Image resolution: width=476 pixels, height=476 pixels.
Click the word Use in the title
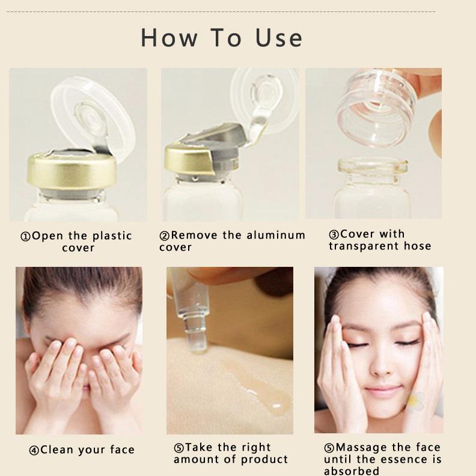pos(279,38)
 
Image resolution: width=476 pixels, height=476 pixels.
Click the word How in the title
pos(169,38)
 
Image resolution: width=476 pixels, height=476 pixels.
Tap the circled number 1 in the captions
pos(25,236)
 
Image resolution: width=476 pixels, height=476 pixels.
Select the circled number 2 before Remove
pos(164,236)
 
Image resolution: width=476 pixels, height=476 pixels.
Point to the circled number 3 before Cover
pos(334,234)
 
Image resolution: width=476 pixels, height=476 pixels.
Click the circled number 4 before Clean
pos(34,450)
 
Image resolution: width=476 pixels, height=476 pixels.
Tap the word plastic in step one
pos(112,236)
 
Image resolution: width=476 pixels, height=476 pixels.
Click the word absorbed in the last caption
pos(352,471)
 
